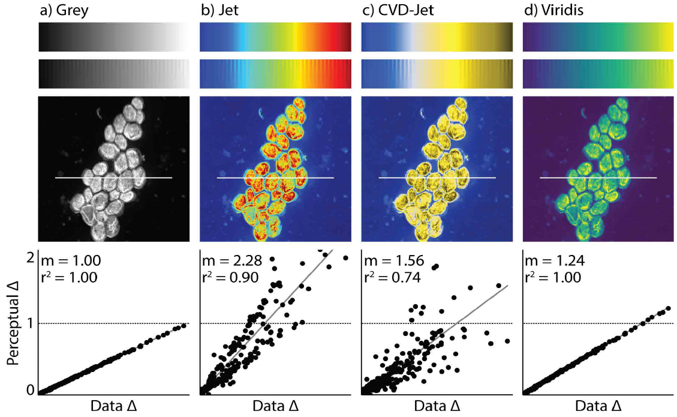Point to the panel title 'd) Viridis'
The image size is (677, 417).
coord(552,10)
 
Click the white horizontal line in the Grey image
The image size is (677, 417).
coord(113,178)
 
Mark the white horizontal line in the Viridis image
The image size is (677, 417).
coord(598,178)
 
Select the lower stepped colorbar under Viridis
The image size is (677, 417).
coord(598,74)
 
